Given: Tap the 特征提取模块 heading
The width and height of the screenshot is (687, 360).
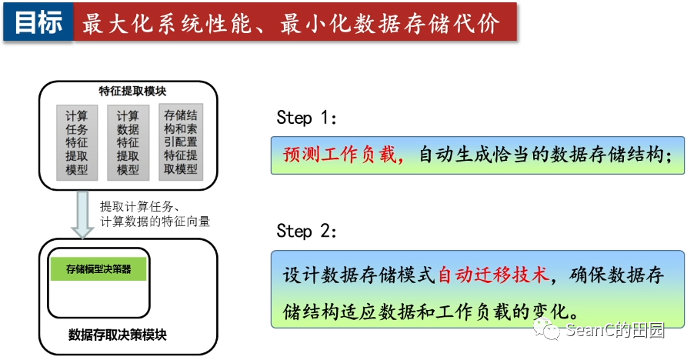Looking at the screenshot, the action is pyautogui.click(x=128, y=90).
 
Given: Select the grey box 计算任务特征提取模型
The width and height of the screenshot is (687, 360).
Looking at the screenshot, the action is pyautogui.click(x=77, y=143).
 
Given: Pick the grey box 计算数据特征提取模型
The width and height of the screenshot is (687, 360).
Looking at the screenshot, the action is pyautogui.click(x=128, y=143).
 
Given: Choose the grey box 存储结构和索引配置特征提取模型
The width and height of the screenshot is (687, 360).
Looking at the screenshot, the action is pyautogui.click(x=181, y=142).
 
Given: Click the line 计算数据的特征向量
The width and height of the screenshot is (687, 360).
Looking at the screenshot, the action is pyautogui.click(x=155, y=222).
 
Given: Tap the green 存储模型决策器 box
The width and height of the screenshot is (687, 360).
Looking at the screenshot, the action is pyautogui.click(x=98, y=269).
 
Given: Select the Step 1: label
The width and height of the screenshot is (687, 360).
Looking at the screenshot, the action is pyautogui.click(x=307, y=118).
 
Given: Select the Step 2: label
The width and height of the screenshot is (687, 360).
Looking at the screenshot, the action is pyautogui.click(x=307, y=232).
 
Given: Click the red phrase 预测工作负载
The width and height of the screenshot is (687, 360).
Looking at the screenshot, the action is pyautogui.click(x=342, y=155).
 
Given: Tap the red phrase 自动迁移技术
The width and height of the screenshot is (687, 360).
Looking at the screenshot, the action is pyautogui.click(x=493, y=275).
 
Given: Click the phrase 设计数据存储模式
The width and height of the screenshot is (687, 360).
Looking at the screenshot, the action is pyautogui.click(x=359, y=275).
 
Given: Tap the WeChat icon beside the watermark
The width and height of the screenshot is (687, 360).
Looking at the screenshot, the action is pyautogui.click(x=551, y=331).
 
